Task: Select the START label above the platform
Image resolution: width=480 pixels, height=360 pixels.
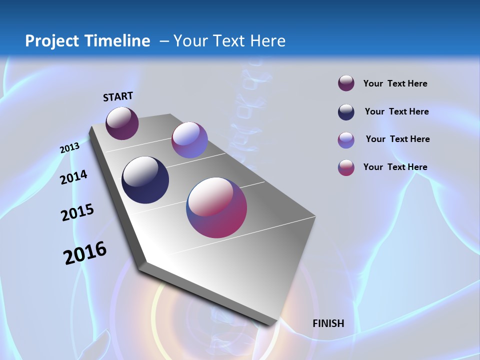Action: coord(118,96)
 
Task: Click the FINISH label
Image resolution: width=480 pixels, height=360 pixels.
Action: coord(328,323)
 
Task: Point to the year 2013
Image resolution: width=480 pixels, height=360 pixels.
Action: coord(69,148)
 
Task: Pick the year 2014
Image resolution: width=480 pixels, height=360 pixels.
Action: coord(73,177)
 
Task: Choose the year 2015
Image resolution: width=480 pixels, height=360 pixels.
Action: coord(77,212)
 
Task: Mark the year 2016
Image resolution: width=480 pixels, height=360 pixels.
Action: coord(85,253)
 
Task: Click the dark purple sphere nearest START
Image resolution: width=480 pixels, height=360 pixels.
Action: coord(122,123)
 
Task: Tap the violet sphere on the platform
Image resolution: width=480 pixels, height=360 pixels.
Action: coord(189,140)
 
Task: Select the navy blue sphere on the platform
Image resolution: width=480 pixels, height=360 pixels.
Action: coord(145,180)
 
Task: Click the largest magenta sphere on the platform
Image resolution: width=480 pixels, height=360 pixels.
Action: coord(216,207)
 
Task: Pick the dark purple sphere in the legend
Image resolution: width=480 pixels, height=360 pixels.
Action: coord(346,83)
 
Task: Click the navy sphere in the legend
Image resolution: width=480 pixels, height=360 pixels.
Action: coord(346,112)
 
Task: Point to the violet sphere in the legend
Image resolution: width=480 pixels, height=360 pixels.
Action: coord(346,140)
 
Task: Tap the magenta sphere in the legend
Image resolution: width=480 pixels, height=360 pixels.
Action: coord(346,167)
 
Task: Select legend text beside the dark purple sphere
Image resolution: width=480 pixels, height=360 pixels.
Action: coord(395,83)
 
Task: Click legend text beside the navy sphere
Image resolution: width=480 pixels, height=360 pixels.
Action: coord(396,111)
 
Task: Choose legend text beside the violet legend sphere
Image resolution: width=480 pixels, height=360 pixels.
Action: coord(397,139)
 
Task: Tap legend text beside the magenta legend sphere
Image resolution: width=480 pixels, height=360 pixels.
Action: coord(395,167)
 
